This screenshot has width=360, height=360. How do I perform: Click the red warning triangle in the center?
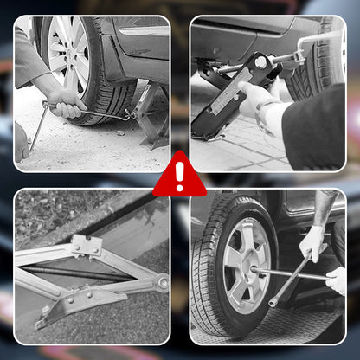[x=180, y=177]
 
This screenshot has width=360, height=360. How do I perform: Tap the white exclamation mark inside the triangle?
[x=180, y=177]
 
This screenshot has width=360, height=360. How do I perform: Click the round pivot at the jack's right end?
[x=161, y=282]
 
